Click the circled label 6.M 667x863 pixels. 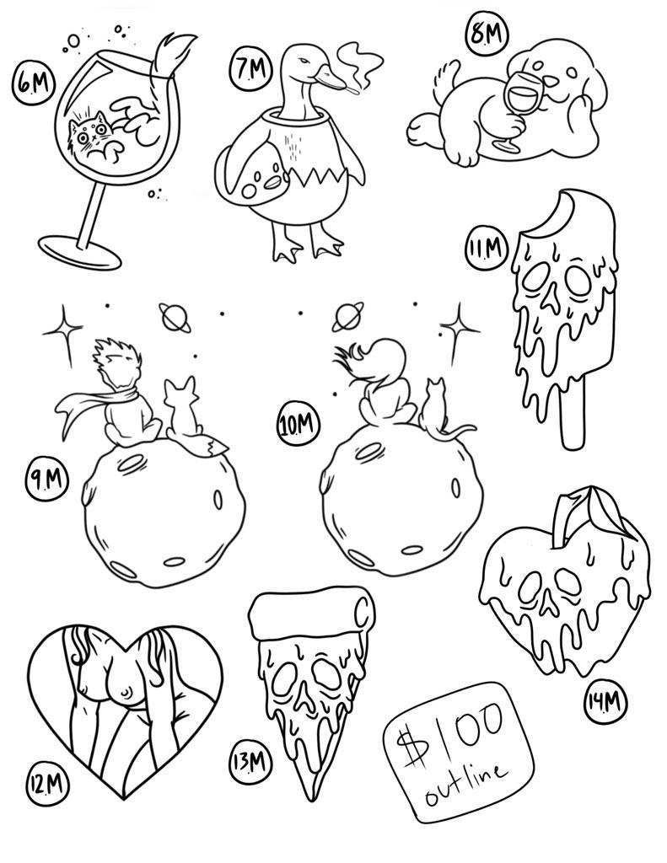(x=34, y=83)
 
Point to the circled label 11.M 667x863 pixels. (x=485, y=249)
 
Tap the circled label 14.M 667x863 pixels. (x=605, y=703)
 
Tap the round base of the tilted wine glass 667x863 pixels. (x=81, y=253)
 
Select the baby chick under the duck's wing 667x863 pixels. (x=260, y=180)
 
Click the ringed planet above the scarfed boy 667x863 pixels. (x=175, y=317)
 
